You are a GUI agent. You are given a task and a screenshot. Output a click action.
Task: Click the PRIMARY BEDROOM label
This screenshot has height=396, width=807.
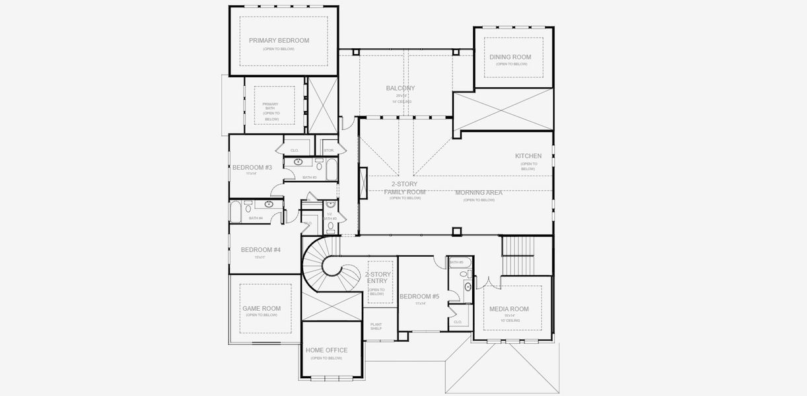coord(279,40)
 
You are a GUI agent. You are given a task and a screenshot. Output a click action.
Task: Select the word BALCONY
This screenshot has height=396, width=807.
coord(400,88)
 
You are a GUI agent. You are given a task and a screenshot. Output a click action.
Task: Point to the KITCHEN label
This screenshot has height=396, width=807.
coord(528,156)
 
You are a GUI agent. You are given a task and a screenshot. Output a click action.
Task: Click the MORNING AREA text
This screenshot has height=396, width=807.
coord(479,193)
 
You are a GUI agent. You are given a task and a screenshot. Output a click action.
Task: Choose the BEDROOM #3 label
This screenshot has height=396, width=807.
coord(252,168)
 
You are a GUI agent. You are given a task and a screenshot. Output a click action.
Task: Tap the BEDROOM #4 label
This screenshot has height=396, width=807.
coord(261,249)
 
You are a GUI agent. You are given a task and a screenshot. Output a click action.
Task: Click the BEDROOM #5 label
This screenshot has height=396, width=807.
coord(419,296)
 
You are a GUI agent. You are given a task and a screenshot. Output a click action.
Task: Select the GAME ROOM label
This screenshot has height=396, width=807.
coord(262,308)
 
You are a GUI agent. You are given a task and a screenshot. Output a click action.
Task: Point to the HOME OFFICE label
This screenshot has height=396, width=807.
coord(326,350)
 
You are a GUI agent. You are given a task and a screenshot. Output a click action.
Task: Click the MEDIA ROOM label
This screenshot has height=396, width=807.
coord(509,309)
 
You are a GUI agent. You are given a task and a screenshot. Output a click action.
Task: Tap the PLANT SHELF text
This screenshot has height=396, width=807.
coord(376,326)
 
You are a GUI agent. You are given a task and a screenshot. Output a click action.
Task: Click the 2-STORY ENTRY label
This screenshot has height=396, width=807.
coord(377,277)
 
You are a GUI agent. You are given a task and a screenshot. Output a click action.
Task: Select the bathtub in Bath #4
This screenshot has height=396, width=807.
coord(236,212)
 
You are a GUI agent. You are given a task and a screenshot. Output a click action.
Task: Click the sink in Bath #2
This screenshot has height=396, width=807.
coord(298,162)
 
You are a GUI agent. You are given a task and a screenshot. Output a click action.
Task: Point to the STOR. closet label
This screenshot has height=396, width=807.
coord(328,150)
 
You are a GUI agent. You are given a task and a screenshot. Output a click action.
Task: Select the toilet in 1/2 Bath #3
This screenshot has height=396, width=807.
coord(331,226)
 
